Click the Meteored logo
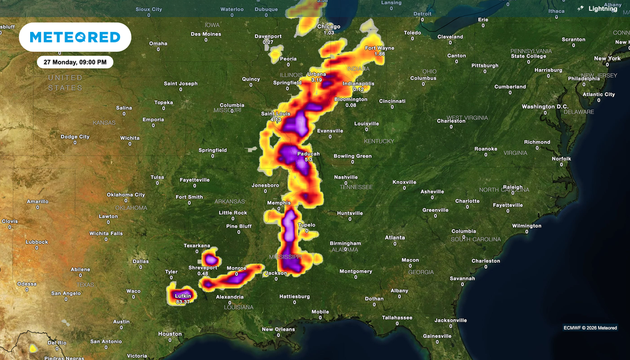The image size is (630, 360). [x=75, y=38]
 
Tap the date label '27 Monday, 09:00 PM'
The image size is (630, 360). [x=75, y=62]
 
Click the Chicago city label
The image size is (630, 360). [x=329, y=26]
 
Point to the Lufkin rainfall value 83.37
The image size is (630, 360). [x=183, y=302]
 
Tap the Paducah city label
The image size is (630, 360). [x=308, y=154]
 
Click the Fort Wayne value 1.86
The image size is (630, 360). [x=380, y=54]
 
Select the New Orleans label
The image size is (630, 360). [x=278, y=329]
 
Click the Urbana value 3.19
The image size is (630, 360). [x=317, y=80]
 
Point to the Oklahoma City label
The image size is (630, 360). [x=126, y=194]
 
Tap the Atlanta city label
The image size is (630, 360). [x=395, y=238]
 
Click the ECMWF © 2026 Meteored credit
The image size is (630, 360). [x=590, y=327]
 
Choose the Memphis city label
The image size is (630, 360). [x=279, y=202]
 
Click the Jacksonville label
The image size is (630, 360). [x=450, y=320]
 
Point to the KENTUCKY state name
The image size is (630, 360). [x=378, y=142]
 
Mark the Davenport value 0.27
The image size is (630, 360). [x=268, y=42]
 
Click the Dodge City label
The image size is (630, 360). [x=75, y=137]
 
